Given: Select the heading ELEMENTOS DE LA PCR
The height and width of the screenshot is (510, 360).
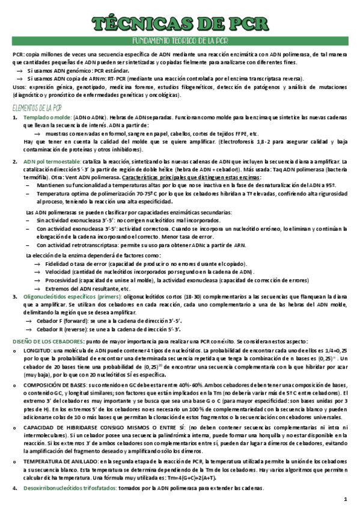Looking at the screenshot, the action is pyautogui.click(x=37, y=108).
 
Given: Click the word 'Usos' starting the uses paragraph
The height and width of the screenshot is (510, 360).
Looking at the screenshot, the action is pyautogui.click(x=19, y=87).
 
